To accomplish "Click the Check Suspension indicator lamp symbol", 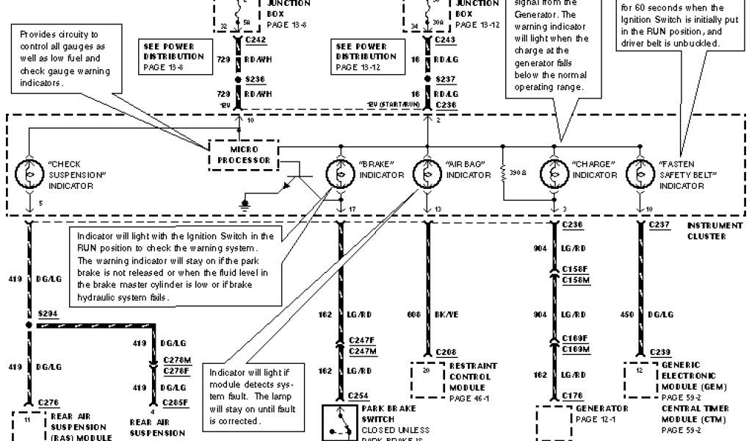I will (x=29, y=173).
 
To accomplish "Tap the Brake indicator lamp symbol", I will (x=340, y=173).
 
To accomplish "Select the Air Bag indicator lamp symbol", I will (x=427, y=173).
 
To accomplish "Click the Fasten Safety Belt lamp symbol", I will (x=640, y=173).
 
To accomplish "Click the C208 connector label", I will (x=446, y=351).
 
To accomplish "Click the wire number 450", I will (x=626, y=314).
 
